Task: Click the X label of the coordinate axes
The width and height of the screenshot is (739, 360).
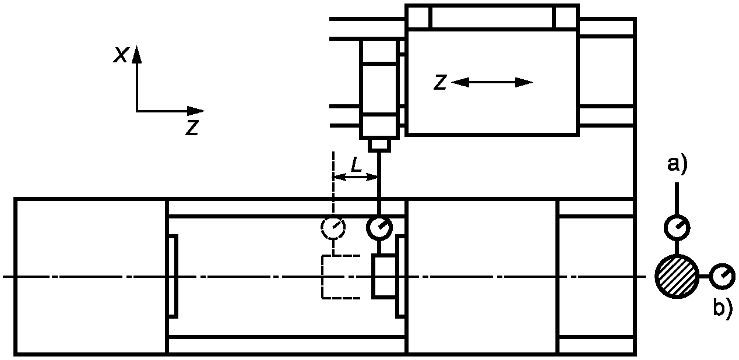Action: coord(121,55)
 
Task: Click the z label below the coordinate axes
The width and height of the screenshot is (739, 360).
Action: coord(192,128)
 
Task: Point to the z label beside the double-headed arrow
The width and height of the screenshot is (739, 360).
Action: coord(441,83)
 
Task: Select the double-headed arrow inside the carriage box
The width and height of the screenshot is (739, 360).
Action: coord(492,83)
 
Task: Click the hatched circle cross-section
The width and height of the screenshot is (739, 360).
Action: coord(677,277)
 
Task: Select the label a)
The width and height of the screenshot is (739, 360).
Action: coord(677,165)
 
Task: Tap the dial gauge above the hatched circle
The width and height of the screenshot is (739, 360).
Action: coord(677,227)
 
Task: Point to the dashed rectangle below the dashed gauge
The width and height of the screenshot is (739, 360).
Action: coord(342,277)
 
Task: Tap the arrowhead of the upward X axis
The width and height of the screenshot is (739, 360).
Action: coord(137,54)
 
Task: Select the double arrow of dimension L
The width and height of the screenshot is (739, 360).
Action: coord(356,177)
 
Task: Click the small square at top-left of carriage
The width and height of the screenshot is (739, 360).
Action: coord(419,17)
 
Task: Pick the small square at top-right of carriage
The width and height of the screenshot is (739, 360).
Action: coord(565,17)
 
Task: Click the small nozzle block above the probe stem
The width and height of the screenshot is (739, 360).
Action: coord(379,144)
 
